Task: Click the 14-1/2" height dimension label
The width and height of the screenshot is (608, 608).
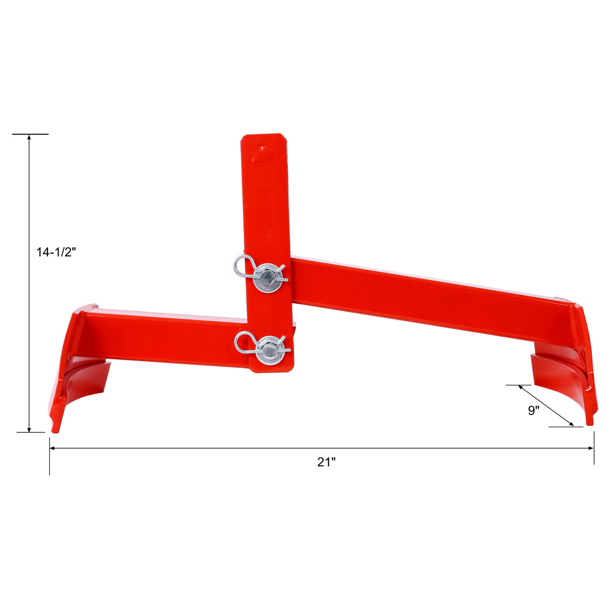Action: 56,253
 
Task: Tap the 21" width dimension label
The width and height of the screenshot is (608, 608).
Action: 326,462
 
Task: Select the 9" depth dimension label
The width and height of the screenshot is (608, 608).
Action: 533,411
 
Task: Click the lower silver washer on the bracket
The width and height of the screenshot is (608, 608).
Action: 270,350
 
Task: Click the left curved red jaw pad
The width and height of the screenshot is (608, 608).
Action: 86,381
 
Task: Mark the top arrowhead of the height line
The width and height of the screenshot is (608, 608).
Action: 29,138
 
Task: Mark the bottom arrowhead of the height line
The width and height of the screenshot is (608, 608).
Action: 29,428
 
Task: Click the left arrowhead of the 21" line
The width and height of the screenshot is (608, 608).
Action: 54,448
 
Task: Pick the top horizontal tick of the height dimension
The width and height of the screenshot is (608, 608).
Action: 30,134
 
